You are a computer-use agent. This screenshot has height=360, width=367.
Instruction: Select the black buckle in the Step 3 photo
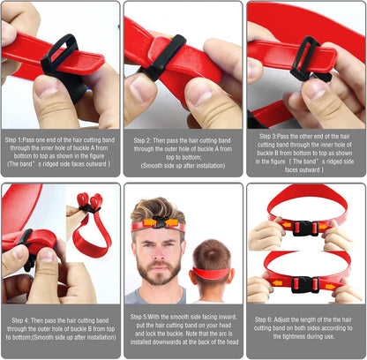pos(303,57)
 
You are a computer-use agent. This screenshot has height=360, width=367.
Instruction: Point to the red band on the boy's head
pos(212,273)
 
